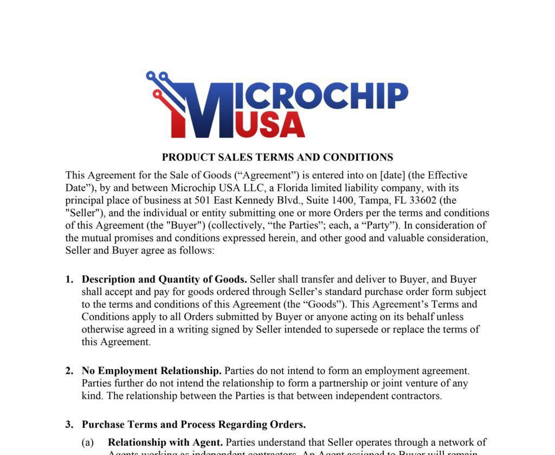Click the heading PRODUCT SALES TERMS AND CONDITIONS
point(277,157)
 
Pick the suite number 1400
point(341,200)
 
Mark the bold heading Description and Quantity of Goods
point(164,279)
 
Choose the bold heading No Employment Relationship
point(151,371)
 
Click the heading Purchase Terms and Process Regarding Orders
point(193,424)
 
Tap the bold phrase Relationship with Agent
point(165,443)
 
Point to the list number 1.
point(69,279)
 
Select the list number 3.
point(69,424)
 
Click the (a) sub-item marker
point(88,443)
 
